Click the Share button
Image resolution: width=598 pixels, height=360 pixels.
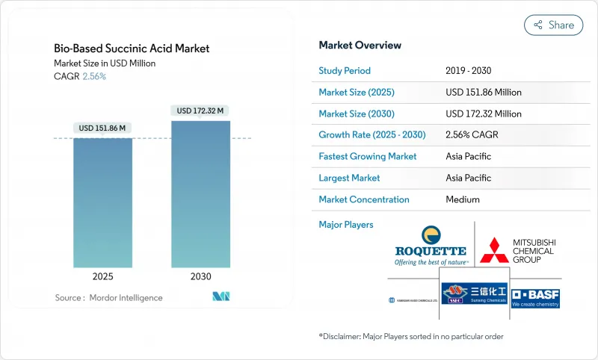click(554, 25)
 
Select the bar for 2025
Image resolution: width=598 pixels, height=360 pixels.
click(102, 202)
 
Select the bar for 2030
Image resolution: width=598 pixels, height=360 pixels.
click(200, 194)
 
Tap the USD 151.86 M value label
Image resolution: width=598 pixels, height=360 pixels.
click(102, 128)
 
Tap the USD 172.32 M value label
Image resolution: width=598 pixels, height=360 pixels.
click(200, 111)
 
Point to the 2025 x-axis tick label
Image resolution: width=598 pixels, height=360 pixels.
click(102, 276)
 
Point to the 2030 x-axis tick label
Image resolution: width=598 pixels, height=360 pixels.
click(200, 276)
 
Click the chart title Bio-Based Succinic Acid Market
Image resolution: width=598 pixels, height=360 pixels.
click(132, 49)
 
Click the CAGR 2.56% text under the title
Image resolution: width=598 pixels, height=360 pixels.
click(81, 76)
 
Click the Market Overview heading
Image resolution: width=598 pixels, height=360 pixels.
click(360, 45)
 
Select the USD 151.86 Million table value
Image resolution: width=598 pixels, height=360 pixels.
click(483, 93)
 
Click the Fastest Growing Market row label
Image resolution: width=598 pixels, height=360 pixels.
click(368, 157)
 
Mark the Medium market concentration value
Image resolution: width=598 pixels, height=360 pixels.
click(462, 199)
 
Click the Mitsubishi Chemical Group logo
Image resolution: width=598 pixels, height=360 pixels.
click(521, 251)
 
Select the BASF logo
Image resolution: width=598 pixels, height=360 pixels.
click(534, 297)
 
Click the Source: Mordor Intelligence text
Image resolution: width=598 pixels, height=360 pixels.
click(108, 298)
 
